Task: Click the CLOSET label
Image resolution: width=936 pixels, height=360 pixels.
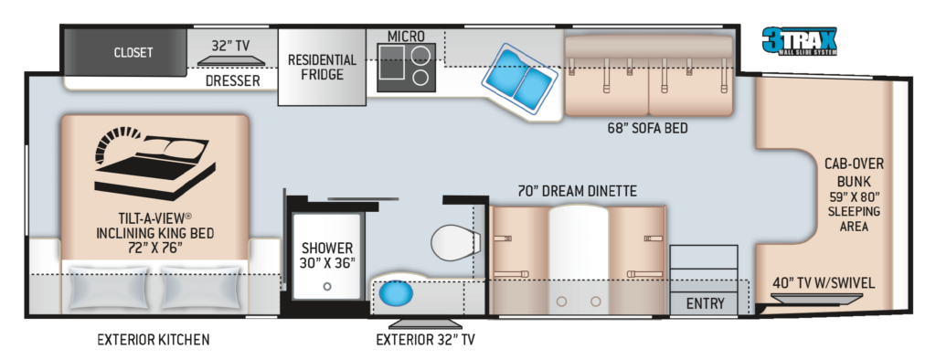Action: [x=133, y=52]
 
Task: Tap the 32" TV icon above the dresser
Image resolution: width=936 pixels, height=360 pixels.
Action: [x=231, y=60]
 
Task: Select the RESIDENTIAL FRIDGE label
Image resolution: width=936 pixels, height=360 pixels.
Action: [x=322, y=67]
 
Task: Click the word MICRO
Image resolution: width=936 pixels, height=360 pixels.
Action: [x=406, y=36]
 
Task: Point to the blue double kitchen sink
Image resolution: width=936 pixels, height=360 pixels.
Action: [x=519, y=80]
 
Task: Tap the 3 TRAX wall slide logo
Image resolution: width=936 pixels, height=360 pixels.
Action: [x=799, y=41]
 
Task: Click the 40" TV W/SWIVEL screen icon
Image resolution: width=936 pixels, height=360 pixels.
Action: [x=819, y=298]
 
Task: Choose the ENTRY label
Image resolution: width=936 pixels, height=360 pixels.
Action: [x=705, y=303]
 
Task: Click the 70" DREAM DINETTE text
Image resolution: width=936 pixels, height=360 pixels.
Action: [x=578, y=191]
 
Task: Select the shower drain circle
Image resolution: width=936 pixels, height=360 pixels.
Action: [x=326, y=287]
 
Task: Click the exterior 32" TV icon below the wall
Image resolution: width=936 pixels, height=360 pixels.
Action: [x=425, y=323]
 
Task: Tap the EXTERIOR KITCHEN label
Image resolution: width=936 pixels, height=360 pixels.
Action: [x=154, y=340]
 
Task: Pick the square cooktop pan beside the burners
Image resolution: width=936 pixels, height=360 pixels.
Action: [x=391, y=62]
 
